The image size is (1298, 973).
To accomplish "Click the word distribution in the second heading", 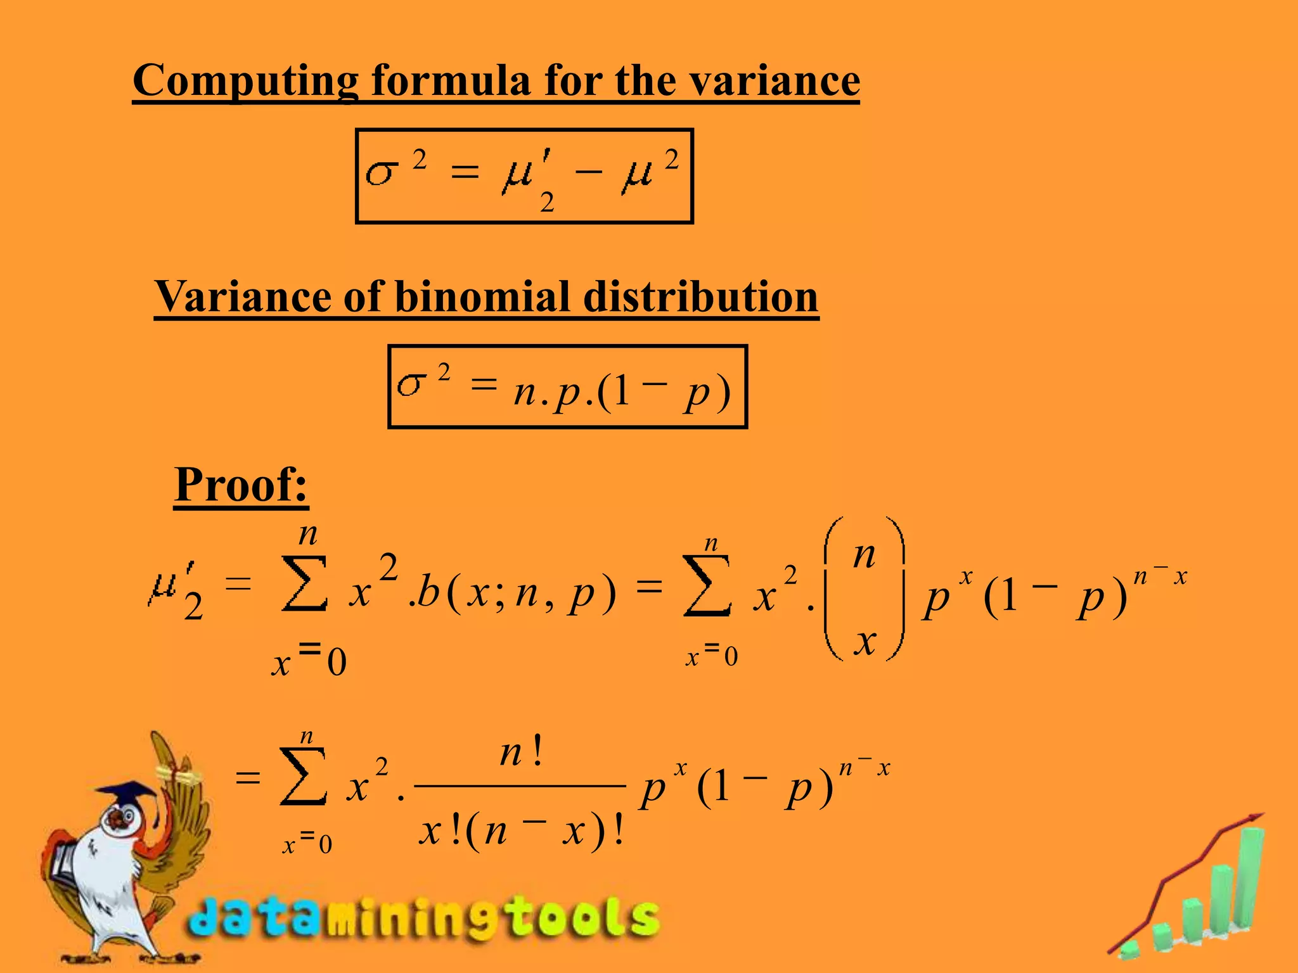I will coord(700,296).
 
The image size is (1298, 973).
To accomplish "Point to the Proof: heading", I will coord(241,485).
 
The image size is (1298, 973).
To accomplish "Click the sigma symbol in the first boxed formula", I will coord(382,172).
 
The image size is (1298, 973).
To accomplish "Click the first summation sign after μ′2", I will coord(304,583).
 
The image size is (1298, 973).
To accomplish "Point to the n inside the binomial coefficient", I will coord(864,556).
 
